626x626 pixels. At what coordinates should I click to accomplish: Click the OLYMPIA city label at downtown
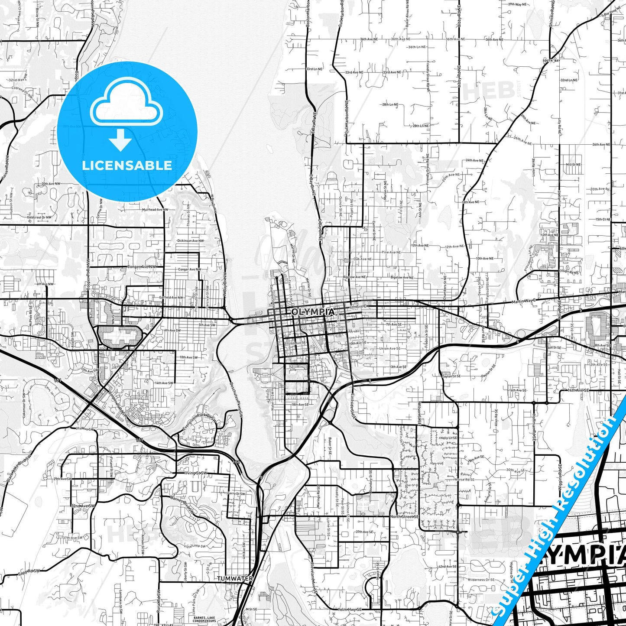[x=312, y=312]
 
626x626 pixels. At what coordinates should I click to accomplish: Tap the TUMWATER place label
[x=235, y=578]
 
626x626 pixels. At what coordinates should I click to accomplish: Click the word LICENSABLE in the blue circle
[x=127, y=165]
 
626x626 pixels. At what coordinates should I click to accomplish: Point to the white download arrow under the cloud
[x=120, y=139]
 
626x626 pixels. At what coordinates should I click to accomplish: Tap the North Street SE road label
[x=404, y=516]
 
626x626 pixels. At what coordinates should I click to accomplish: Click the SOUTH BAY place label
[x=551, y=61]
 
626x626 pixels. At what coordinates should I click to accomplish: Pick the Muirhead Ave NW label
[x=155, y=210]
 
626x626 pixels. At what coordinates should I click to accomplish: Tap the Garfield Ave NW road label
[x=170, y=298]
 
